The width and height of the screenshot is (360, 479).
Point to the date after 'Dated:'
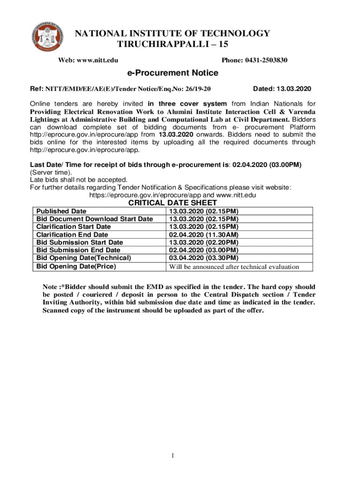tap(294, 88)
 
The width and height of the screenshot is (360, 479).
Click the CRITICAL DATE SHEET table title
tap(173, 203)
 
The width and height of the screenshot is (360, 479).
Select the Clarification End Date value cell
tap(204, 235)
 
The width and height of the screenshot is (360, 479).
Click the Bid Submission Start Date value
tap(204, 242)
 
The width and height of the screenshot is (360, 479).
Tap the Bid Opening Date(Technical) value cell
tap(204, 258)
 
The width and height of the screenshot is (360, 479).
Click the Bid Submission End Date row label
tap(78, 250)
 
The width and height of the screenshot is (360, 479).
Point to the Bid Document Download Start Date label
tap(94, 219)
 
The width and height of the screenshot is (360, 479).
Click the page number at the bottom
tap(173, 456)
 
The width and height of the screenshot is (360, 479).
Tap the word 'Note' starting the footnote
tap(50, 287)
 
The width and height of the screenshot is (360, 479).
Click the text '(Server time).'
tap(49, 172)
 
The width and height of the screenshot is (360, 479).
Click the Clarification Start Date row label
tap(73, 227)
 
